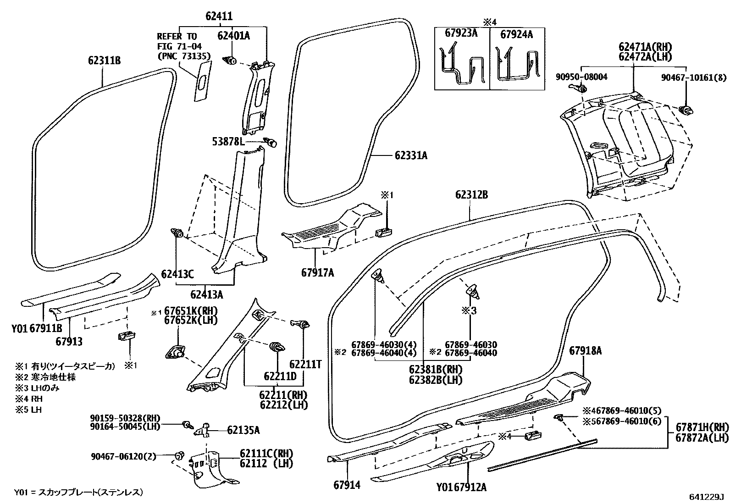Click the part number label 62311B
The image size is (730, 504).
(x=104, y=61)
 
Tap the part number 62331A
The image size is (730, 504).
(x=411, y=155)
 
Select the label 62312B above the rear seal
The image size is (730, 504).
(x=471, y=194)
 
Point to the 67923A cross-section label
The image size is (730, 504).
(x=461, y=33)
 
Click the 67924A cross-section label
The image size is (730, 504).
(x=516, y=34)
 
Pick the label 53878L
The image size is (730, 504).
(x=228, y=142)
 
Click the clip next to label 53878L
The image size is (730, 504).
(x=270, y=142)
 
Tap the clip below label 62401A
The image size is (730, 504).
(x=230, y=61)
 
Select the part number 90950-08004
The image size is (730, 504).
(x=582, y=77)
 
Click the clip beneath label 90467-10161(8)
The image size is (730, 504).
(x=686, y=110)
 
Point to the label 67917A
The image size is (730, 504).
(x=318, y=272)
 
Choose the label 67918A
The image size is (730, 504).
(x=586, y=351)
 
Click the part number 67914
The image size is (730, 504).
(x=347, y=485)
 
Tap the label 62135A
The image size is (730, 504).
(x=243, y=430)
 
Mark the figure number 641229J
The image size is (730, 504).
(x=706, y=497)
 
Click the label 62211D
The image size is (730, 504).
(x=280, y=376)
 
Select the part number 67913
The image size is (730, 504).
(x=69, y=341)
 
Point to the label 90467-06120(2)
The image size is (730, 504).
(x=123, y=456)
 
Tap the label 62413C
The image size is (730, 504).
(x=177, y=274)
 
